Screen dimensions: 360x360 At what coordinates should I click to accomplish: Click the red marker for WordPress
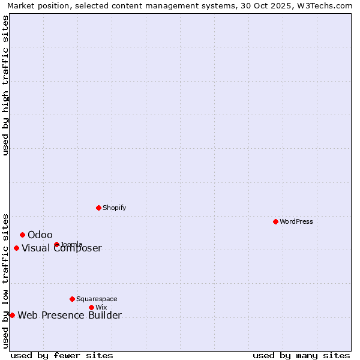(275, 221)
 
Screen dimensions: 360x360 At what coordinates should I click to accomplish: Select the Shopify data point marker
(98, 208)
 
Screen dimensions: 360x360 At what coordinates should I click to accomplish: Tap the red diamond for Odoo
(22, 235)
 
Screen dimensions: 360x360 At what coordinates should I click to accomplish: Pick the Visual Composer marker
(16, 248)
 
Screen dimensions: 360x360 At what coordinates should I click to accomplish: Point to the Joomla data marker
(56, 244)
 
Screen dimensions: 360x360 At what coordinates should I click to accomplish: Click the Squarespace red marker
(72, 299)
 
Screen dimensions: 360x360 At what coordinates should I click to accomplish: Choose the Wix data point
(91, 307)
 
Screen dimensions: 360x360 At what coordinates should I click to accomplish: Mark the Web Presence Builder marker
(12, 315)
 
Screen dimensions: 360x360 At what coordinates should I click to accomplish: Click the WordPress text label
(296, 221)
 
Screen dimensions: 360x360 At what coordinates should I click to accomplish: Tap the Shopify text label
(114, 208)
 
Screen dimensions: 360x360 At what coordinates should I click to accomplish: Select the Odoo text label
(40, 235)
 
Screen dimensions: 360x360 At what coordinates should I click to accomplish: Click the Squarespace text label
(97, 299)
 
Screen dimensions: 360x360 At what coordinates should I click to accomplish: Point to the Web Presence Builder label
(70, 315)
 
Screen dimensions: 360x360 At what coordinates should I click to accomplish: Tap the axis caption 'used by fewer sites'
(62, 355)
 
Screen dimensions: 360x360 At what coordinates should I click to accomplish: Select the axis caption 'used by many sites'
(301, 355)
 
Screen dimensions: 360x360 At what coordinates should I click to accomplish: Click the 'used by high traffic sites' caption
(5, 85)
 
